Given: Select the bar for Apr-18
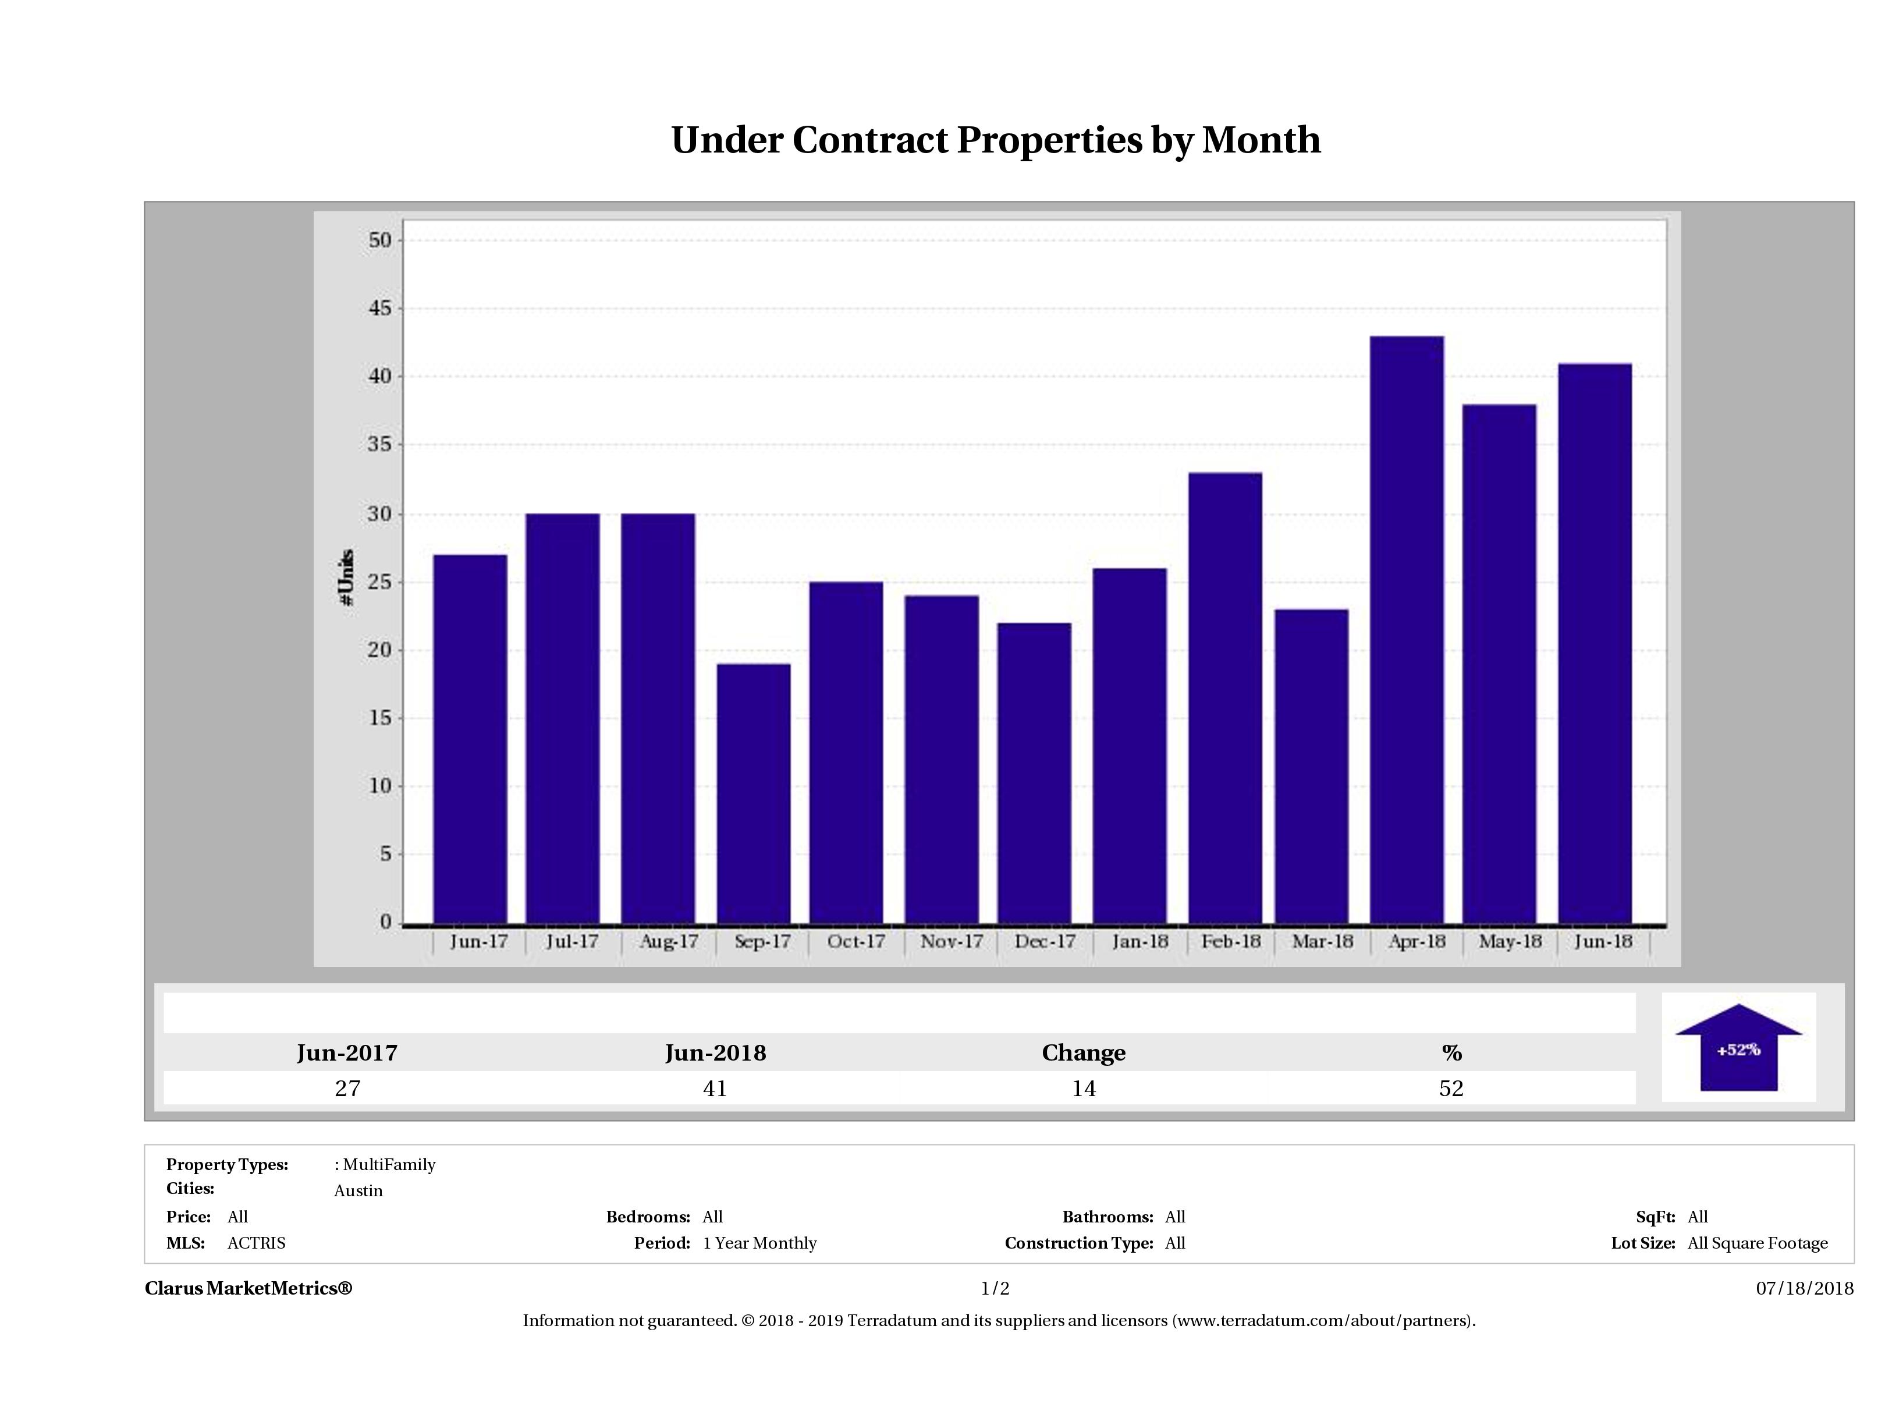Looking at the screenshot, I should click(1407, 629).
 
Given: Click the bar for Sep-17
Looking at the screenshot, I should click(753, 793).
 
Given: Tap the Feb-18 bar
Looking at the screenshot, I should click(1224, 697).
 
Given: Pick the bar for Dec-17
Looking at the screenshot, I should click(1034, 773).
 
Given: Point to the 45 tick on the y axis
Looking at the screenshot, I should click(381, 309).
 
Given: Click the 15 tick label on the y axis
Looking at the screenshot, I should click(381, 718).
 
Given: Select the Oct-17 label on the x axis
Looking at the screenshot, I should click(856, 942).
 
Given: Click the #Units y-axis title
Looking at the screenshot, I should click(346, 577).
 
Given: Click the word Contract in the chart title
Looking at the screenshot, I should click(870, 140).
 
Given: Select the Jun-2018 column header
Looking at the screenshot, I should click(715, 1053).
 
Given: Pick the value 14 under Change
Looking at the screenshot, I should click(1084, 1089).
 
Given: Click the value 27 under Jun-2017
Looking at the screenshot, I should click(347, 1089).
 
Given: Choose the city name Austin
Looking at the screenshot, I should click(358, 1190).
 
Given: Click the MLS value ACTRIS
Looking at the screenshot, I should click(257, 1243).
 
